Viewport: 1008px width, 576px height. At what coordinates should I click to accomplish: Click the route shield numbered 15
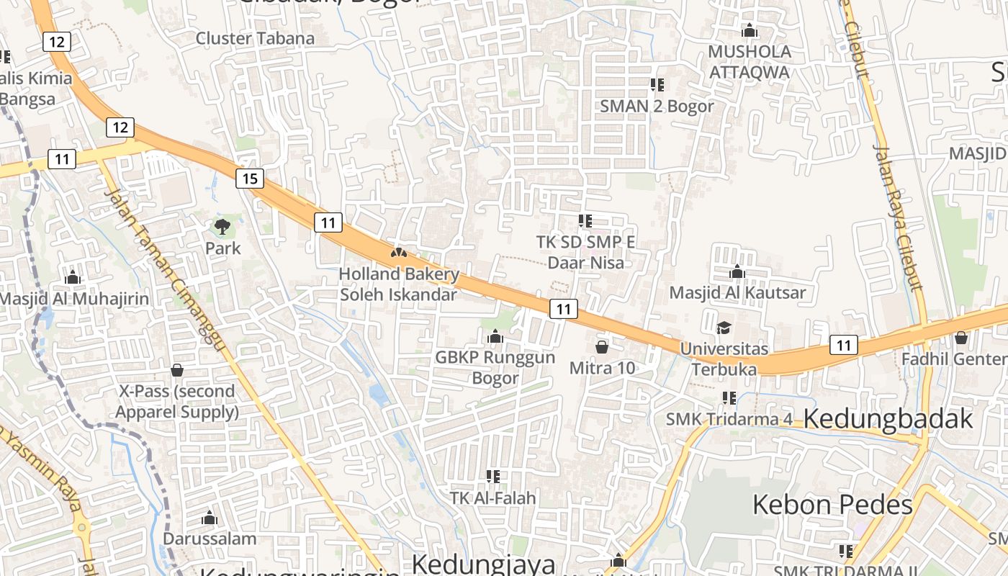249,179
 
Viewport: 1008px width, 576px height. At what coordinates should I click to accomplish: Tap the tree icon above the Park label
222,228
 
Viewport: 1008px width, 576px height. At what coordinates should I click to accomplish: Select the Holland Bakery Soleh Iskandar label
398,284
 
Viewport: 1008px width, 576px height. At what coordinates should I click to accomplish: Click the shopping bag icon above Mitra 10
602,347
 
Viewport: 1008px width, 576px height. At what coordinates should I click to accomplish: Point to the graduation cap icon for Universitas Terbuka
724,328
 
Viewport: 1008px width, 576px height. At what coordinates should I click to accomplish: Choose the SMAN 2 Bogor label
657,107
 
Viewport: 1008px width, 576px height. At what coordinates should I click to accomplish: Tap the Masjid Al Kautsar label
737,293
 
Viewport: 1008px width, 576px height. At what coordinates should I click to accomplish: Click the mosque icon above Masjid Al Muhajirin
72,278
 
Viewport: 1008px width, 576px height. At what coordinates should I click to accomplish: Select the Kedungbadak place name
888,418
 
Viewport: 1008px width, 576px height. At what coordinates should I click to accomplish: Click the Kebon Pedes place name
832,505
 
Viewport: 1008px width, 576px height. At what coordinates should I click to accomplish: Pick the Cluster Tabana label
255,39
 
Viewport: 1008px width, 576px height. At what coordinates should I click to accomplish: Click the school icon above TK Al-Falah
493,476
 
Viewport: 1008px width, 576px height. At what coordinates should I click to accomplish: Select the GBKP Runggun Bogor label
495,367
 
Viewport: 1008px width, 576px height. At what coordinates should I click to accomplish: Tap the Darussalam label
210,539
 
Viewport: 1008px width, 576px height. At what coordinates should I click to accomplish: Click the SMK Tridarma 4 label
722,419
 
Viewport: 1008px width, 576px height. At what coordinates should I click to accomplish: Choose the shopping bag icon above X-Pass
177,370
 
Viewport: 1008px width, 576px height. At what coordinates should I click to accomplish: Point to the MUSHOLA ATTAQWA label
750,62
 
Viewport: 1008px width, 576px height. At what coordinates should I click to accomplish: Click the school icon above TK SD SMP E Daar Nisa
585,221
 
